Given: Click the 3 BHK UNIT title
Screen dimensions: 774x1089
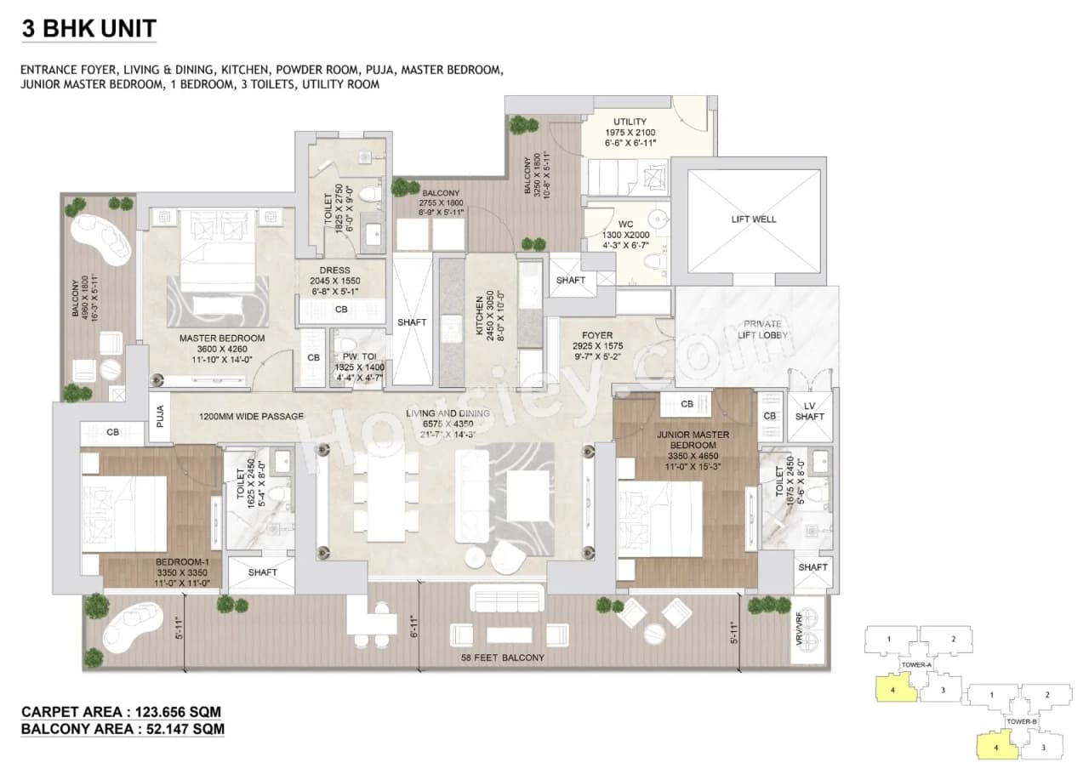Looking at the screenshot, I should click(88, 28).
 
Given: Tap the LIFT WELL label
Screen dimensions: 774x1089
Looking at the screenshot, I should click(753, 219).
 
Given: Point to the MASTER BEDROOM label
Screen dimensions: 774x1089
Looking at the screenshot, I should click(221, 338).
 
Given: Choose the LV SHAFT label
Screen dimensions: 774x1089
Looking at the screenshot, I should click(809, 411).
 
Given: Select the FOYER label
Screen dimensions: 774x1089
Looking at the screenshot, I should click(597, 335).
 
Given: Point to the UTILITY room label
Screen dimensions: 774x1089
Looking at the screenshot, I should click(630, 122).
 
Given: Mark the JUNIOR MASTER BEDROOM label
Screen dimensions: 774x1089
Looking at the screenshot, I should click(693, 440).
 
